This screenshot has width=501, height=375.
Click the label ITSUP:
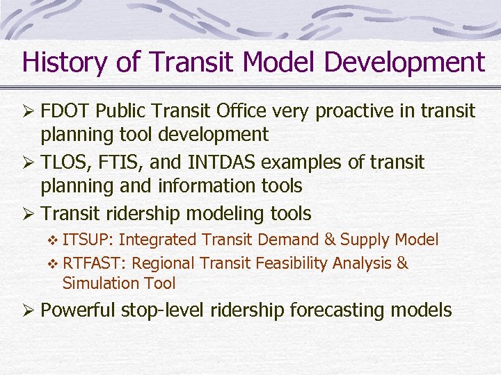pyautogui.click(x=88, y=240)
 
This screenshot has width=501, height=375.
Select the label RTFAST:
pyautogui.click(x=94, y=263)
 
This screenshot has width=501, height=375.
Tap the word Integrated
pyautogui.click(x=158, y=240)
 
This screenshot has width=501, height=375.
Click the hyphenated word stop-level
pyautogui.click(x=162, y=310)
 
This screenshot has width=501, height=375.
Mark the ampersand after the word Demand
pyautogui.click(x=329, y=240)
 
